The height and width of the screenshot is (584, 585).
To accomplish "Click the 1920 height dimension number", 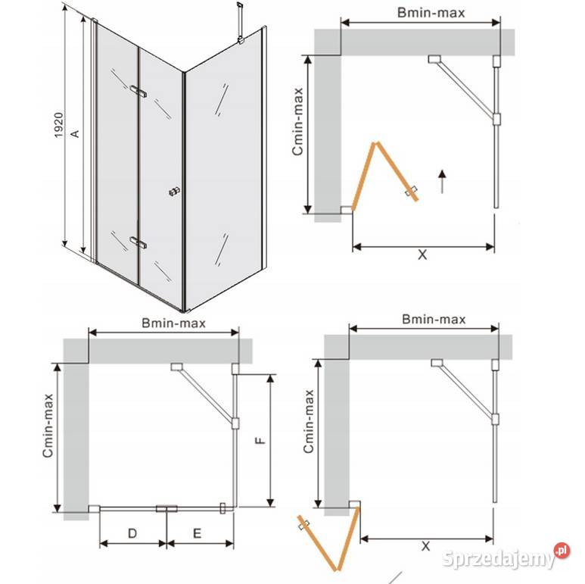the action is click(59, 125).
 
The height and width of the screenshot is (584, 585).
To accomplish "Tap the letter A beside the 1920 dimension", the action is click(75, 133).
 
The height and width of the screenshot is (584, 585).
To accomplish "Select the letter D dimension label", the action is click(132, 533).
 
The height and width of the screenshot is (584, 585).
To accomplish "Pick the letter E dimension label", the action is click(197, 533).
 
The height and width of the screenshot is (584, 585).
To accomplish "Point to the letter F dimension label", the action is click(260, 441).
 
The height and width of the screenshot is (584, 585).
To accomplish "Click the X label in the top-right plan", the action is click(422, 255).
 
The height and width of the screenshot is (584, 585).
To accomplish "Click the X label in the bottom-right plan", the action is click(425, 546).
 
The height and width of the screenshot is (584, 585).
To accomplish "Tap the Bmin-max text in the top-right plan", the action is click(431, 13).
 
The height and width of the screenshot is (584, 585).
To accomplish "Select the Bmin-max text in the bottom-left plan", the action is click(173, 323).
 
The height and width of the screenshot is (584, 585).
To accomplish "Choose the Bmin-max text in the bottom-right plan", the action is click(434, 319).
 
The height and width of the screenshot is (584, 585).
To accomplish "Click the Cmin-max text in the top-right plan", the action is click(297, 121).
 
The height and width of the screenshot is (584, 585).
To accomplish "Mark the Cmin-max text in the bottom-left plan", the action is click(48, 426).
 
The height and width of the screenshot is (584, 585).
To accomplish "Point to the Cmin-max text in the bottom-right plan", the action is click(309, 422).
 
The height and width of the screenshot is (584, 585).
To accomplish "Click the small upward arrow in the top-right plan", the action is click(442, 182).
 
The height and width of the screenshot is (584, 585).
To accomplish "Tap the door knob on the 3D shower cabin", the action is click(175, 192).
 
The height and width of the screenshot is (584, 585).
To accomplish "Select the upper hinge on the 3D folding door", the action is click(138, 91).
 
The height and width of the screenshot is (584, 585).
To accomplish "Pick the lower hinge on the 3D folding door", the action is click(138, 242).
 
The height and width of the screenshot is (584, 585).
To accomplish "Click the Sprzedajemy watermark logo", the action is click(506, 557).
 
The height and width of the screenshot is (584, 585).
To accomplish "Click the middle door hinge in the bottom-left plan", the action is click(166, 508).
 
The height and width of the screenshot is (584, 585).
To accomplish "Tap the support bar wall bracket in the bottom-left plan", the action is click(176, 367).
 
